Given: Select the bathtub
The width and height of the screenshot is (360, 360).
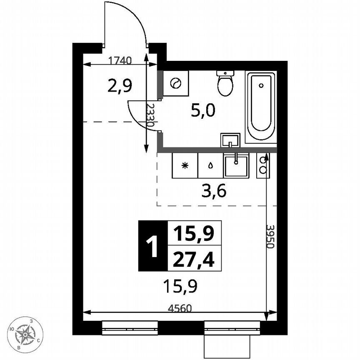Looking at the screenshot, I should (260, 107).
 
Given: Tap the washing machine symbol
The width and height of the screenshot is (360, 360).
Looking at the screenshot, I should (176, 83).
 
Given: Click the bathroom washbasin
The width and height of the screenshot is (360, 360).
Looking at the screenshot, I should (230, 140).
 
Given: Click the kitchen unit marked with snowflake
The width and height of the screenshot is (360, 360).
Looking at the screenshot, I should (185, 165).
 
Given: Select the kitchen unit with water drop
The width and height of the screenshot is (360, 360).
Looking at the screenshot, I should (210, 165).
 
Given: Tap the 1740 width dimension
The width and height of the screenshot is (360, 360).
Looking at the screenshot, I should (120, 60).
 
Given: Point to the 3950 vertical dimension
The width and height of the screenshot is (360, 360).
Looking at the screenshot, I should (270, 237).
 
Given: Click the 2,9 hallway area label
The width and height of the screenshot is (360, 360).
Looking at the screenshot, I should (120, 86).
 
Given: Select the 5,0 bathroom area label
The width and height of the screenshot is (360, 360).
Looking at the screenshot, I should (203, 111).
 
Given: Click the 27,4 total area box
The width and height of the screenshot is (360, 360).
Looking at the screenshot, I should (194, 258).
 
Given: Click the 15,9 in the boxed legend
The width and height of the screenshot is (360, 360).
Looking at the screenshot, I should (194, 233).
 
